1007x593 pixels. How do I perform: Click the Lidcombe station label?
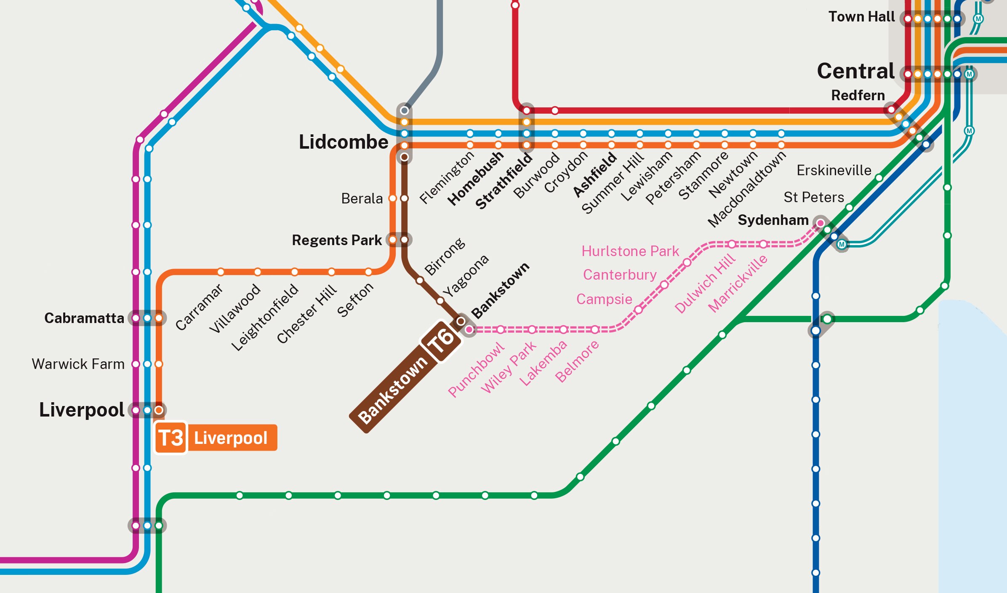tap(343, 142)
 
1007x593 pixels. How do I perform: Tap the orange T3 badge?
tap(170, 438)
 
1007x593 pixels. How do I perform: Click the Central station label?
tap(855, 71)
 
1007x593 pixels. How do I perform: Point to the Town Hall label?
tap(861, 17)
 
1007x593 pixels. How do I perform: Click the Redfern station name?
tap(858, 95)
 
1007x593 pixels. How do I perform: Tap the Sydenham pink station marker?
tap(820, 223)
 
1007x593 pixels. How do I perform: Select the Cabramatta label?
tap(84, 318)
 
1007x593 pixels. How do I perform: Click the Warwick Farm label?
tap(78, 364)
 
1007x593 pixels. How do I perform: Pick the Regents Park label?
tap(337, 240)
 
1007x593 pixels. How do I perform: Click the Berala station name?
tap(362, 198)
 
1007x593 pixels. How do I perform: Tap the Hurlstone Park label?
tap(630, 251)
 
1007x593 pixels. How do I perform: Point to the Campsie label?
tap(604, 299)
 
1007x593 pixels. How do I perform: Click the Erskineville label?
tap(834, 170)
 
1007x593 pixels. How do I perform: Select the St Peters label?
tap(813, 197)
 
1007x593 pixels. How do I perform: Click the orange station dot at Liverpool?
tap(159, 410)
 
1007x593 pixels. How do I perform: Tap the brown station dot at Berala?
tap(404, 198)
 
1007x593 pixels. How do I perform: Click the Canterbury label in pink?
tap(620, 275)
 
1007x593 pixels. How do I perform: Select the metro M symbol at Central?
tap(969, 74)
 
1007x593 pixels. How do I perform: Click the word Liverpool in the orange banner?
tap(231, 438)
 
